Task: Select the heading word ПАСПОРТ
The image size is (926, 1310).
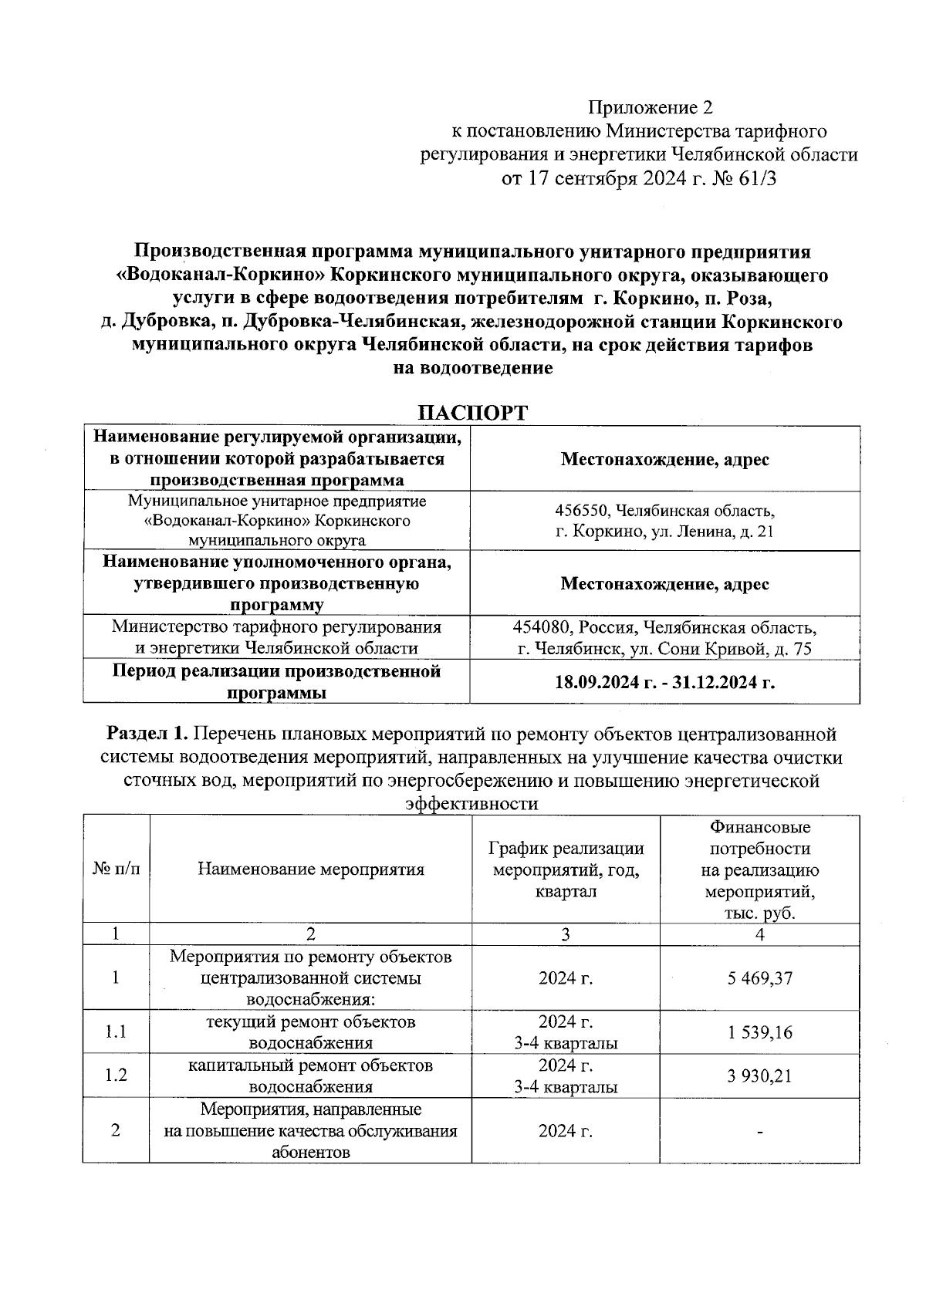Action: tap(472, 413)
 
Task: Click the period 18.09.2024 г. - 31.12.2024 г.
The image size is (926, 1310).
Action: tap(664, 682)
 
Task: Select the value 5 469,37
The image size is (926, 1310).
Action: tap(759, 978)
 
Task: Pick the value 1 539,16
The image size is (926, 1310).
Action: tap(759, 1032)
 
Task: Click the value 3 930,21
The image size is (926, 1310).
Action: tap(759, 1075)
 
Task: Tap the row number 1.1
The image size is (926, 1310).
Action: tap(116, 1032)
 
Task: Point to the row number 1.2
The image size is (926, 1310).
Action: tap(116, 1075)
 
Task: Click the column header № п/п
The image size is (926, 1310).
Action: tap(116, 869)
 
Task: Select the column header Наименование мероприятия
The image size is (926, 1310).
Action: tap(310, 869)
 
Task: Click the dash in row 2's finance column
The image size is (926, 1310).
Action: tap(759, 1132)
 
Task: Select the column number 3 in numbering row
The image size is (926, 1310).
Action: tap(566, 935)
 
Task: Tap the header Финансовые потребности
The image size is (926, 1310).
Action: tap(759, 838)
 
